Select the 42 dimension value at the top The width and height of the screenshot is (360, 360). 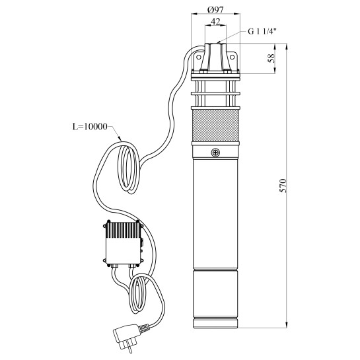coord(215,22)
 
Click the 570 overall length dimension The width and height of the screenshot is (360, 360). coord(283,186)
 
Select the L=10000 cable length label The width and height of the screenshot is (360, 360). coord(92,124)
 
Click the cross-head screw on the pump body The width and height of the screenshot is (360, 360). coord(216,153)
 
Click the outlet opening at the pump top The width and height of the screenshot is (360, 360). coord(215,45)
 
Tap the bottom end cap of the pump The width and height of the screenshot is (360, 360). coord(215,322)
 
